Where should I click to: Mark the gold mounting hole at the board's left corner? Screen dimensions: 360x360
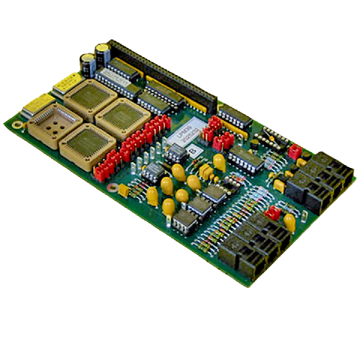click(16, 124)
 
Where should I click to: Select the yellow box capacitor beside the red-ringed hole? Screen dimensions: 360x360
click(123, 190)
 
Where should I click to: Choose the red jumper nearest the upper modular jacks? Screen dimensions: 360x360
click(295, 151)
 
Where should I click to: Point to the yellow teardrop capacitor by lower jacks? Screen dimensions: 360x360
click(290, 222)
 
